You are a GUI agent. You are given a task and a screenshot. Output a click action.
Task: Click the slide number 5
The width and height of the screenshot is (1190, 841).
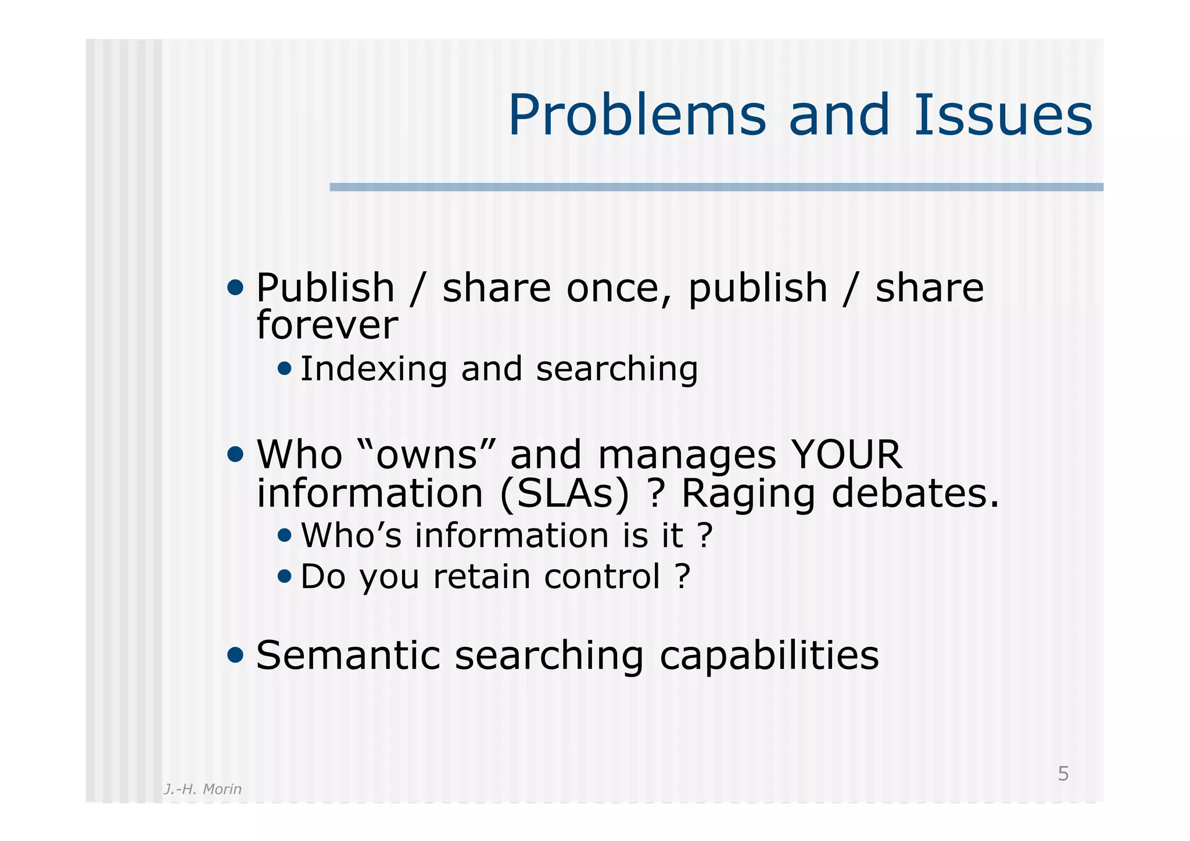pos(1063,774)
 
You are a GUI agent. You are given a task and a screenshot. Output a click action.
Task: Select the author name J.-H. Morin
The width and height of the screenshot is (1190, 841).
pos(202,789)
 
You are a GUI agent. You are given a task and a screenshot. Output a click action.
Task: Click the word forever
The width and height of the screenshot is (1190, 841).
pos(327,325)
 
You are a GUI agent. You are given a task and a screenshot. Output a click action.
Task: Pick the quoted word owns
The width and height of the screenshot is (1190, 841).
pos(426,455)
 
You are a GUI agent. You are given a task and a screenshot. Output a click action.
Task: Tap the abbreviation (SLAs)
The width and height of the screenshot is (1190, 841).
pos(564,493)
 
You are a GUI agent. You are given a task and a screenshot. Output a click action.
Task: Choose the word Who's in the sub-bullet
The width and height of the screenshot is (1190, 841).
pos(351,535)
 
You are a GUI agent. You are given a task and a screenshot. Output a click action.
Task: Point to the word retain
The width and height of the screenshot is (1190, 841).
pos(481,577)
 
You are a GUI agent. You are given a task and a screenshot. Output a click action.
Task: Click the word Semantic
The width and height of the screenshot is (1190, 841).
pos(348,656)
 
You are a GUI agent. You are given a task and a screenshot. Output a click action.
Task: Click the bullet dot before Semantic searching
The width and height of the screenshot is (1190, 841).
pos(235,655)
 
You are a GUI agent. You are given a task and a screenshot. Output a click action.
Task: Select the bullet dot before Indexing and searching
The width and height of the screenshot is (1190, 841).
pos(284,368)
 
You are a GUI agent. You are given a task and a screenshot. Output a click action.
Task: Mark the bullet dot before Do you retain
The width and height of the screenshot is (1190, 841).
pos(284,576)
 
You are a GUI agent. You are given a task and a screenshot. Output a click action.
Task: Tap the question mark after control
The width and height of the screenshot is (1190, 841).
pos(683,577)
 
